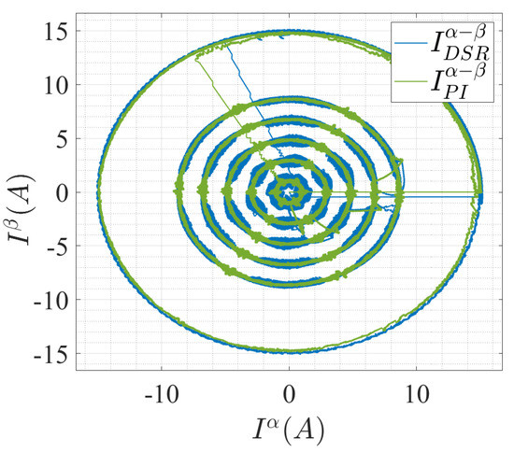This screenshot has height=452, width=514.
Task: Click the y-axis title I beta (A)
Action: point(19,192)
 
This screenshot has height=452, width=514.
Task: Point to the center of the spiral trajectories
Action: point(289,193)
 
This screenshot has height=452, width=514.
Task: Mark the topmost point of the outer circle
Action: point(289,31)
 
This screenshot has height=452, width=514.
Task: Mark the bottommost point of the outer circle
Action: point(289,352)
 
